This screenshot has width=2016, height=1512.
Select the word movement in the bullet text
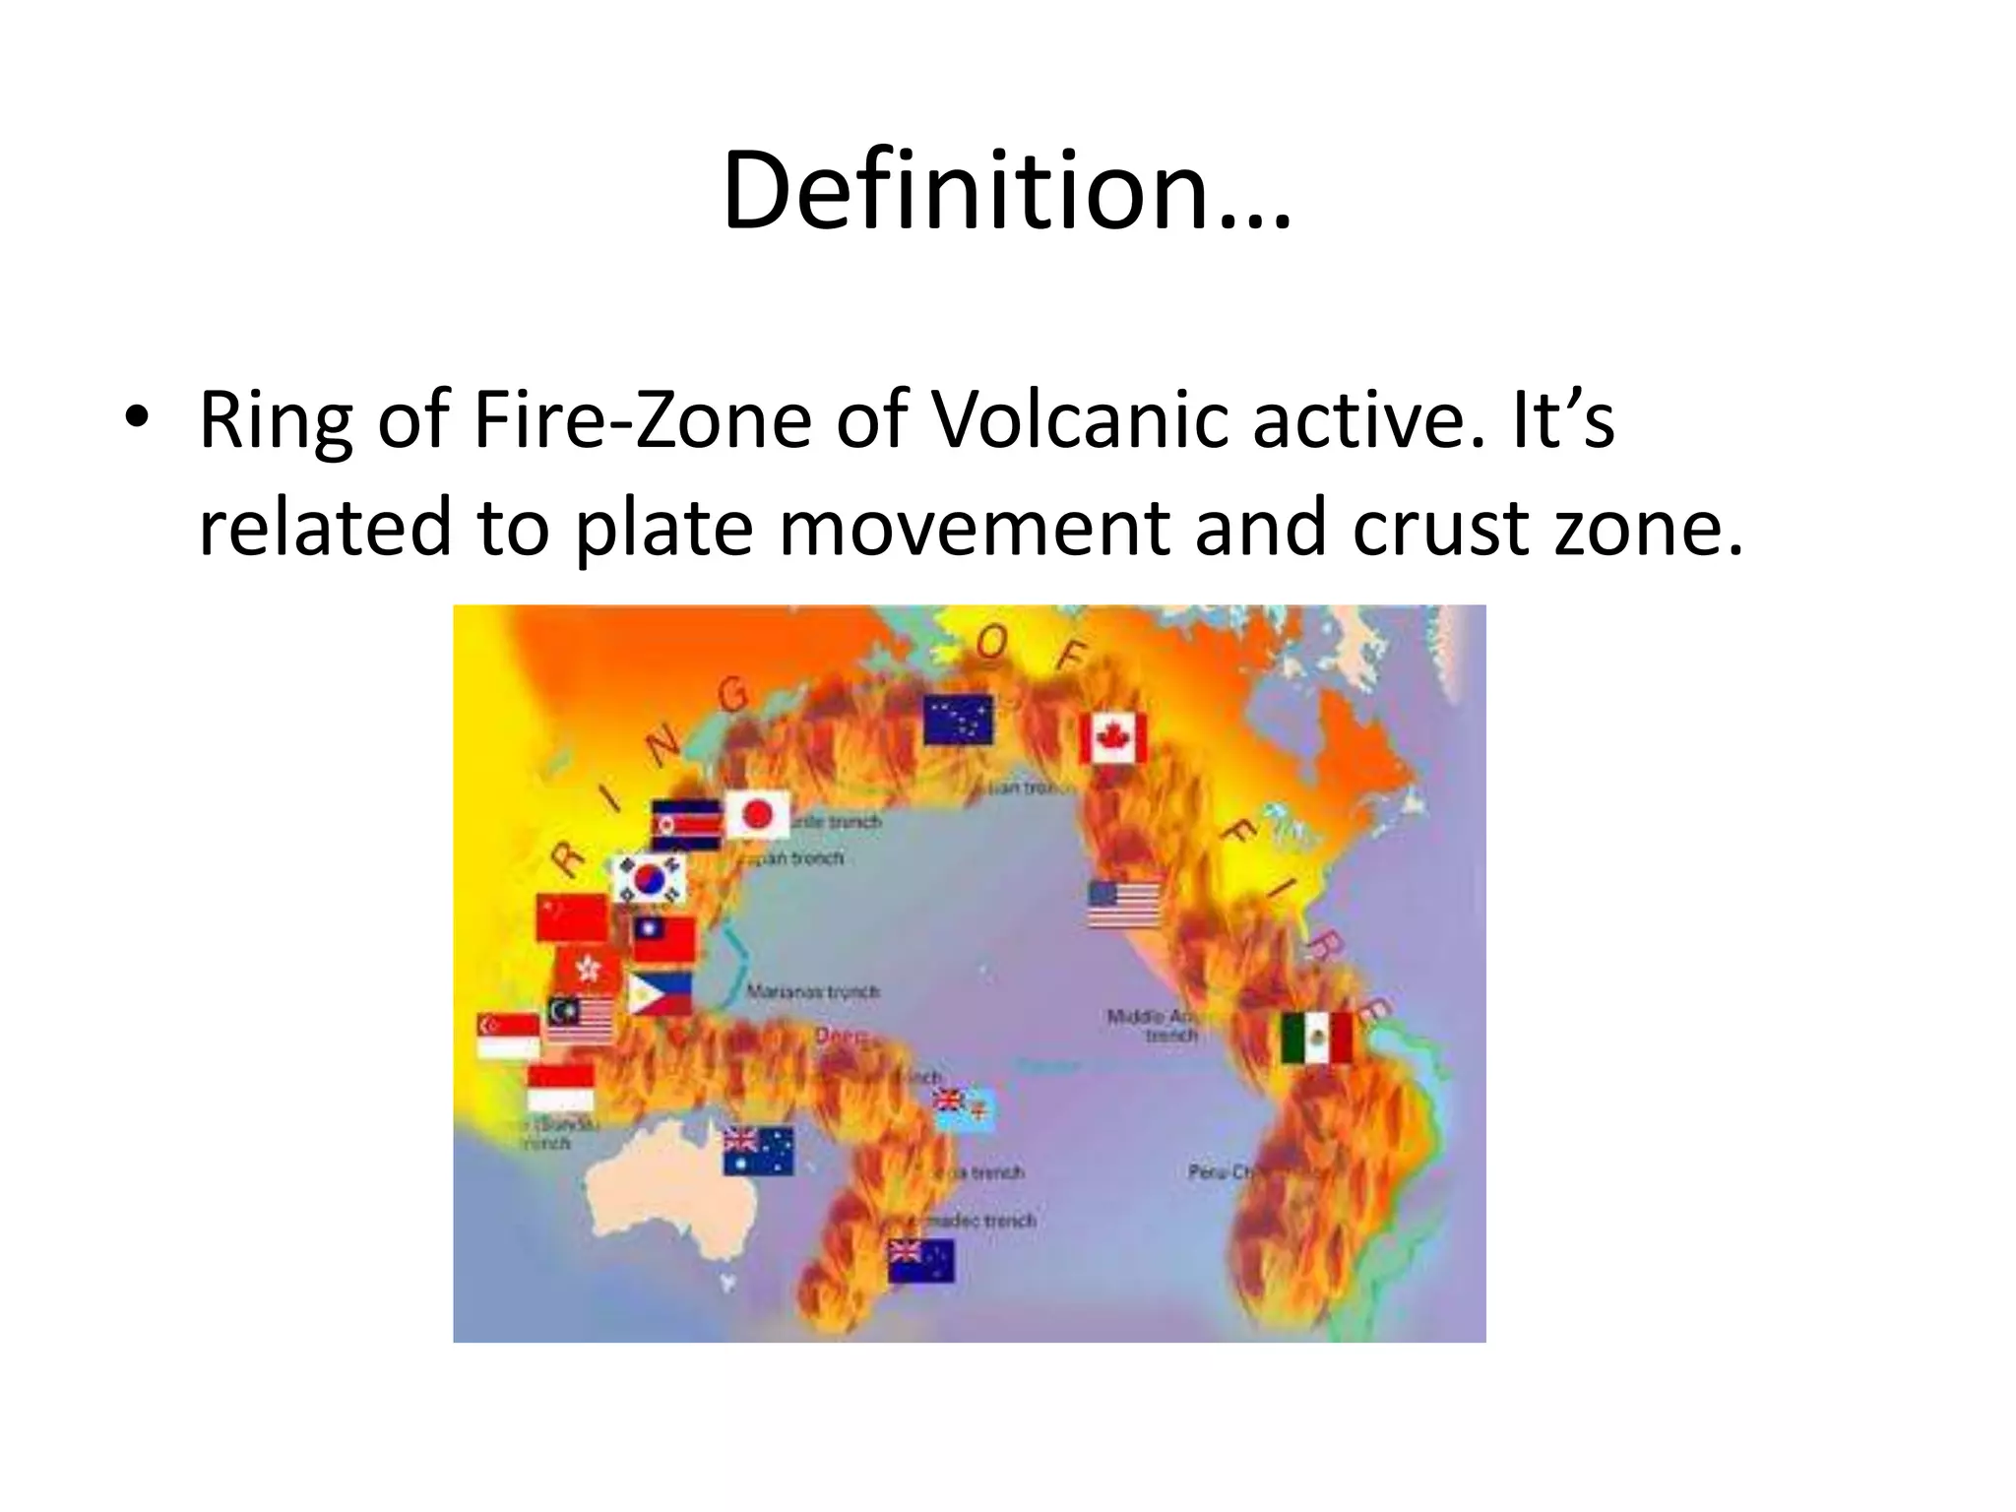[973, 528]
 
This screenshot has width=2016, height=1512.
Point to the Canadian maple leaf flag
[1113, 738]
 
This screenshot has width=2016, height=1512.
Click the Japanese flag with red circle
[757, 814]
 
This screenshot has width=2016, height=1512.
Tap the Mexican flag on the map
[1316, 1039]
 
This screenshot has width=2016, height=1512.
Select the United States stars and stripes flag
[1124, 904]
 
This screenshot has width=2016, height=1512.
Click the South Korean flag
[648, 879]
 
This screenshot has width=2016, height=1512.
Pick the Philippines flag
[660, 994]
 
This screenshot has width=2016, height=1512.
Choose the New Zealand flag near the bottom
[921, 1261]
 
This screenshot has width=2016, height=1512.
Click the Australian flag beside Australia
[758, 1151]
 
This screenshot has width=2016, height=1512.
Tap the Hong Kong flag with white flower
[588, 971]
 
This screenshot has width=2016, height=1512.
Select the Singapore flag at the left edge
[508, 1037]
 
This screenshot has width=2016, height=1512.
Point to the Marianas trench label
[812, 991]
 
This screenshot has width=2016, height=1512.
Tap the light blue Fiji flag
[965, 1108]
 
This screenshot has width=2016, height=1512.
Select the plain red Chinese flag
[572, 917]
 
